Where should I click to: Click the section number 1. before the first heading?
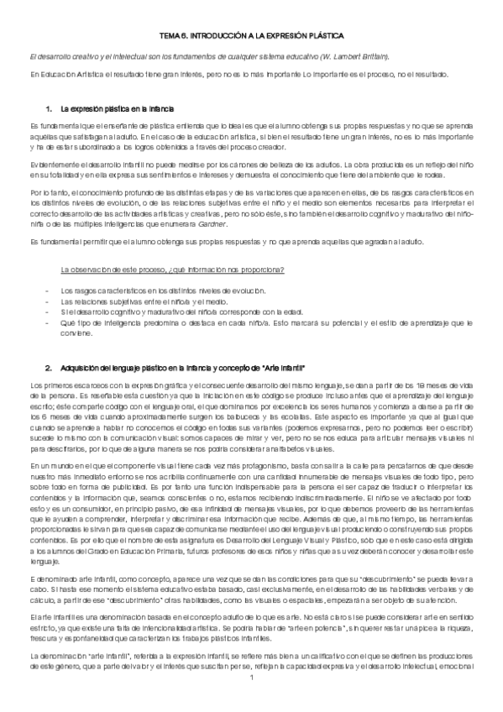point(50,110)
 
